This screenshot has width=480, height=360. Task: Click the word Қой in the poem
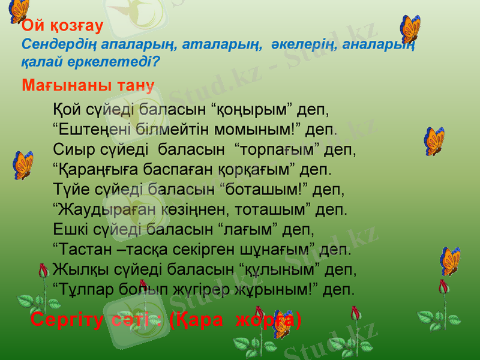point(65,110)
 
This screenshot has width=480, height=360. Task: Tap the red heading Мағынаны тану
point(88,85)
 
